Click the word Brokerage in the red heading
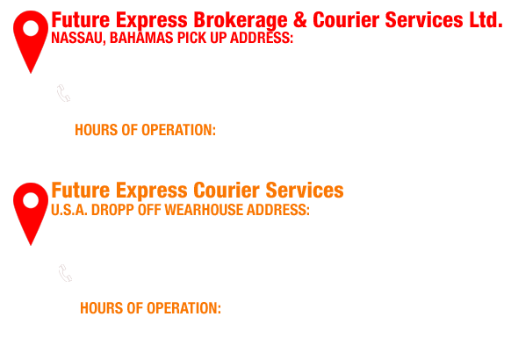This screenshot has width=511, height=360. pyautogui.click(x=241, y=21)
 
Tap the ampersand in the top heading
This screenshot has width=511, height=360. pyautogui.click(x=300, y=20)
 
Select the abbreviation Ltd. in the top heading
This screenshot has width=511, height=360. pyautogui.click(x=486, y=20)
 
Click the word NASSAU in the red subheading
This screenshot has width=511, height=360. pyautogui.click(x=78, y=38)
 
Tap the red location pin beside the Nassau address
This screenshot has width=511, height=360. pyautogui.click(x=31, y=41)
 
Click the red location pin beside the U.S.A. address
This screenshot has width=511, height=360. pyautogui.click(x=31, y=213)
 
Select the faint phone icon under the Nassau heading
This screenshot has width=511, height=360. pyautogui.click(x=63, y=93)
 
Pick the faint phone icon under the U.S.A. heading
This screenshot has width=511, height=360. pyautogui.click(x=65, y=273)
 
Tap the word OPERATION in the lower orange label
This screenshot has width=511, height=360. pyautogui.click(x=182, y=308)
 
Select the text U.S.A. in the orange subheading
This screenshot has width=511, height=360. pyautogui.click(x=69, y=210)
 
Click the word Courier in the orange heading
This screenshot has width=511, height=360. pyautogui.click(x=227, y=191)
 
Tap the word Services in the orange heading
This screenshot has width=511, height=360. pyautogui.click(x=305, y=191)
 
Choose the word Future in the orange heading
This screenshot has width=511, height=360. pyautogui.click(x=81, y=191)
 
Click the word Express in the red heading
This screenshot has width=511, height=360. pyautogui.click(x=152, y=21)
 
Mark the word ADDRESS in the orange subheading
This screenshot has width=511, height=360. pyautogui.click(x=278, y=210)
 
